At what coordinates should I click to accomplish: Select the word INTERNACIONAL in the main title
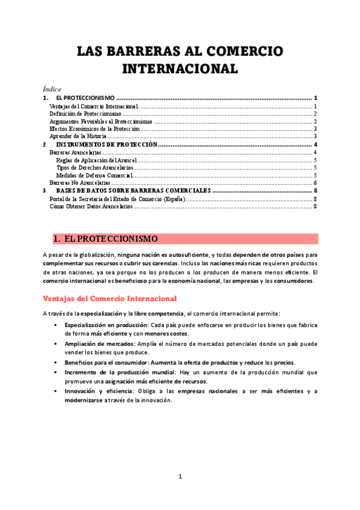click(180, 68)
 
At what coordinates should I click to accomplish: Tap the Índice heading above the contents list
click(52, 88)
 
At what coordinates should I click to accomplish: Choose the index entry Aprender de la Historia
click(78, 137)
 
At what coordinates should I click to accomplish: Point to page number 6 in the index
click(315, 183)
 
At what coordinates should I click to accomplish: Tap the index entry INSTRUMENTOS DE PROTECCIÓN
click(106, 145)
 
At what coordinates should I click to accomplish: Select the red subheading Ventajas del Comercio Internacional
click(109, 298)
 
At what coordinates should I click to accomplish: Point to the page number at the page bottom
click(180, 477)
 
